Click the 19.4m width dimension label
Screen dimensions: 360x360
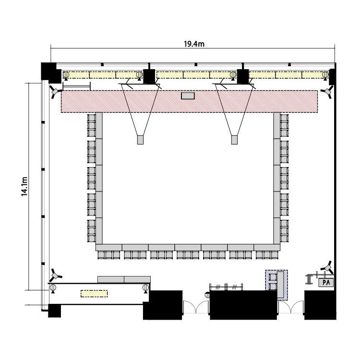[x=194, y=44]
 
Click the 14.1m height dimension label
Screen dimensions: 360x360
[x=24, y=186]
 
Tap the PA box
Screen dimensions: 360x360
[x=326, y=282]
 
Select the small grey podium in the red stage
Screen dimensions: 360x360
[x=188, y=96]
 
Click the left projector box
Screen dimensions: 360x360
[x=140, y=140]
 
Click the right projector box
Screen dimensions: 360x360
[x=234, y=140]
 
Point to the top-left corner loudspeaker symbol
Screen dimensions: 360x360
[x=55, y=92]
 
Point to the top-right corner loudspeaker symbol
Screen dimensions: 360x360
[x=327, y=92]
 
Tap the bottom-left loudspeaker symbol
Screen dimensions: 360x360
[x=55, y=275]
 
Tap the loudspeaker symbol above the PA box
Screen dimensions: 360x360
[x=328, y=267]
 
